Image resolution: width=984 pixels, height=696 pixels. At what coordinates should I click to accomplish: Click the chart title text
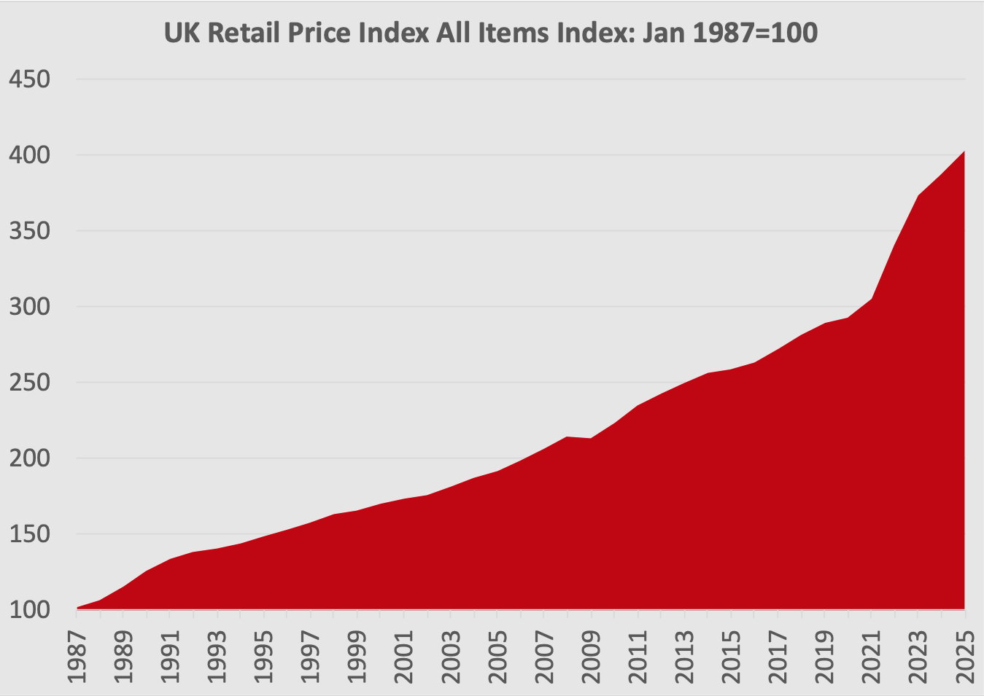coord(491,33)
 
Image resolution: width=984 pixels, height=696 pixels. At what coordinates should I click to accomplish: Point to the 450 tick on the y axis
coord(28,79)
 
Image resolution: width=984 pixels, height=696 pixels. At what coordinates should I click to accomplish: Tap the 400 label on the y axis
coord(28,155)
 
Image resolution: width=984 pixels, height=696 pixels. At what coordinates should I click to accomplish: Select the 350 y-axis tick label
coord(28,231)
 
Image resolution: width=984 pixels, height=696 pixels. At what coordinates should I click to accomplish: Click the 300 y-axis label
coord(28,307)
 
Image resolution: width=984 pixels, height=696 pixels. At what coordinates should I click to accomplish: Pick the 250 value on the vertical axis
coord(28,383)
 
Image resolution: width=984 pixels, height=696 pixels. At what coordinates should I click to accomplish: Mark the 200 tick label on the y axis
coord(28,458)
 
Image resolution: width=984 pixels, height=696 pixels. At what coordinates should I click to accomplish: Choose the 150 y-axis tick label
coord(28,534)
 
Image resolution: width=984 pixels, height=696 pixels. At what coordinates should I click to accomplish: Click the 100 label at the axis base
coord(28,609)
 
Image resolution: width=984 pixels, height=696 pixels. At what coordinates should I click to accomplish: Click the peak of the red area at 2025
coord(964,152)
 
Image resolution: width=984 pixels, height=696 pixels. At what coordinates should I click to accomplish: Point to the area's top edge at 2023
coord(918,195)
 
